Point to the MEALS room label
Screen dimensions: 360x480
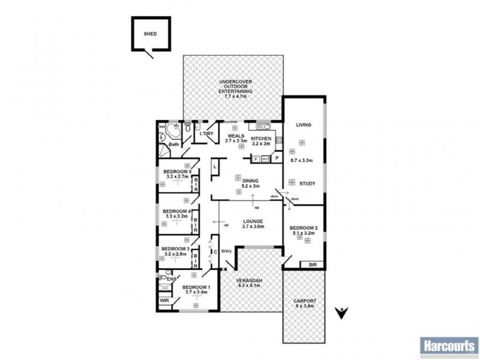235,136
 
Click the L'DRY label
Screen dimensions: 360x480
207,133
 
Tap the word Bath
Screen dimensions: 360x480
173,145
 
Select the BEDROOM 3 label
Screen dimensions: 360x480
175,248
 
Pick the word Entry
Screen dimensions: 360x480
226,251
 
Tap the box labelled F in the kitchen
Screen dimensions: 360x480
256,158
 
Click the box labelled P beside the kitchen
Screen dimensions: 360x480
277,158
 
